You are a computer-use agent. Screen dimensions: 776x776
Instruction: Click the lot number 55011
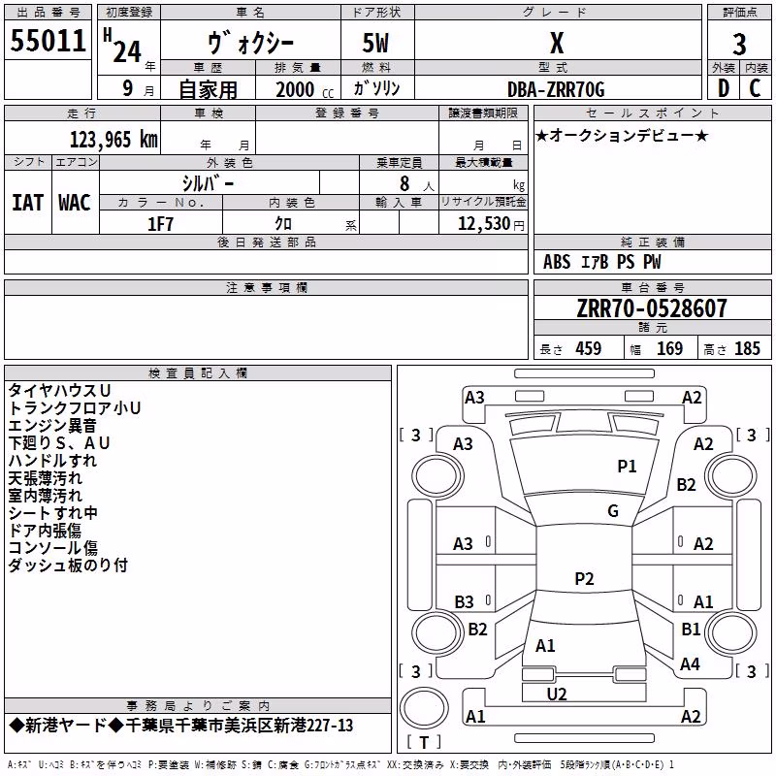coord(48,41)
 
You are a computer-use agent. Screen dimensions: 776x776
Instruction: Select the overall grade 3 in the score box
coord(739,44)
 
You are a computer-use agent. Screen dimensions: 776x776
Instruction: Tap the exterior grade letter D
coord(724,88)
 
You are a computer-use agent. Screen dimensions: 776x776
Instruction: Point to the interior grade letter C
coord(755,88)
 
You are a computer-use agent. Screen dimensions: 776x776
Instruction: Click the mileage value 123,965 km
coord(113,140)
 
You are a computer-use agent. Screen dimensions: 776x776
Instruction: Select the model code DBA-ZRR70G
coord(556,89)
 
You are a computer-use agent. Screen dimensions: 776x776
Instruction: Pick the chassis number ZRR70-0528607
coord(652,308)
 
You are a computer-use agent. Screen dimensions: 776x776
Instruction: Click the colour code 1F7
coord(160,224)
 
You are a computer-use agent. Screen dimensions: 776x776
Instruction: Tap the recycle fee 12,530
coord(484,224)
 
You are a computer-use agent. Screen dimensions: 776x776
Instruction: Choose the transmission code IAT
coord(28,203)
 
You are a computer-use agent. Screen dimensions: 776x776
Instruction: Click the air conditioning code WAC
coord(75,203)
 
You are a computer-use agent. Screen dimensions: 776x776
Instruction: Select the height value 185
coord(747,348)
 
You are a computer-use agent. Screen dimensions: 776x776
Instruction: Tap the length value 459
coord(589,348)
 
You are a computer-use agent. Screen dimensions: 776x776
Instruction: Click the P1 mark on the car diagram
coord(627,467)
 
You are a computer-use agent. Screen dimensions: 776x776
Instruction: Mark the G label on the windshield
coord(613,511)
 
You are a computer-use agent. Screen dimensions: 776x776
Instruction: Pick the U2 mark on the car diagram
coord(556,695)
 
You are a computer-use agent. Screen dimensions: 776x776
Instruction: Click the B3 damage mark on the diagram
coord(464,602)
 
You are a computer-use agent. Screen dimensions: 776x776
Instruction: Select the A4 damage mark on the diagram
coord(690,664)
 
